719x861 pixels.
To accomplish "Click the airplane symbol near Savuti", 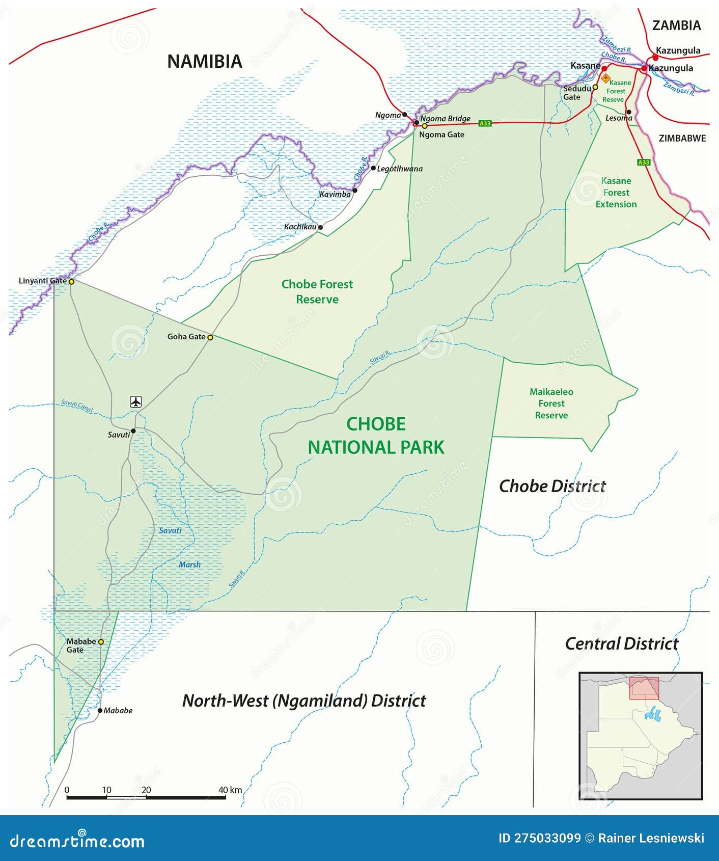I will (135, 401).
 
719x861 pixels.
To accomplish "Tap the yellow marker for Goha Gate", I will (210, 337).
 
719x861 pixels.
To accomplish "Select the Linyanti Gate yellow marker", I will (71, 281).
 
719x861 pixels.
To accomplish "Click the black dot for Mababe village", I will (100, 710).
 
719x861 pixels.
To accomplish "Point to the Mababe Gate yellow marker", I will (101, 642).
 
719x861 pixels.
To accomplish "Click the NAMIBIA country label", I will (205, 62).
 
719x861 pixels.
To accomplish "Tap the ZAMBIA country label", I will (676, 25).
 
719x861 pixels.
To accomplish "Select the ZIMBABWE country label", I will (682, 138).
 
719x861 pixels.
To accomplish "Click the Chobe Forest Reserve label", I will (317, 291).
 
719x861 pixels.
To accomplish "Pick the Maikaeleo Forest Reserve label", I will (551, 403).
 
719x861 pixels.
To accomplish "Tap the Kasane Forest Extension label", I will (616, 193).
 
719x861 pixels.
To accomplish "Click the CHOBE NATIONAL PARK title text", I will (376, 436).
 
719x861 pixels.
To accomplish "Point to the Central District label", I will (621, 643).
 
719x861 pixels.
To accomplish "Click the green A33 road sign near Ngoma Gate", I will (485, 123).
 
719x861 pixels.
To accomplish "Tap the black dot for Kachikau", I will (320, 227).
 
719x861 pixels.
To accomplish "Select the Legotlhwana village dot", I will (373, 168).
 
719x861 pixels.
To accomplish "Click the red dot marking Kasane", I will (604, 68).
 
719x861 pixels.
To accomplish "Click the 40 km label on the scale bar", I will (230, 790).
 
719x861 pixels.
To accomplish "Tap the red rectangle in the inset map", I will (644, 688).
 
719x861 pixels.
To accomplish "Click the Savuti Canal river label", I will (77, 406).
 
